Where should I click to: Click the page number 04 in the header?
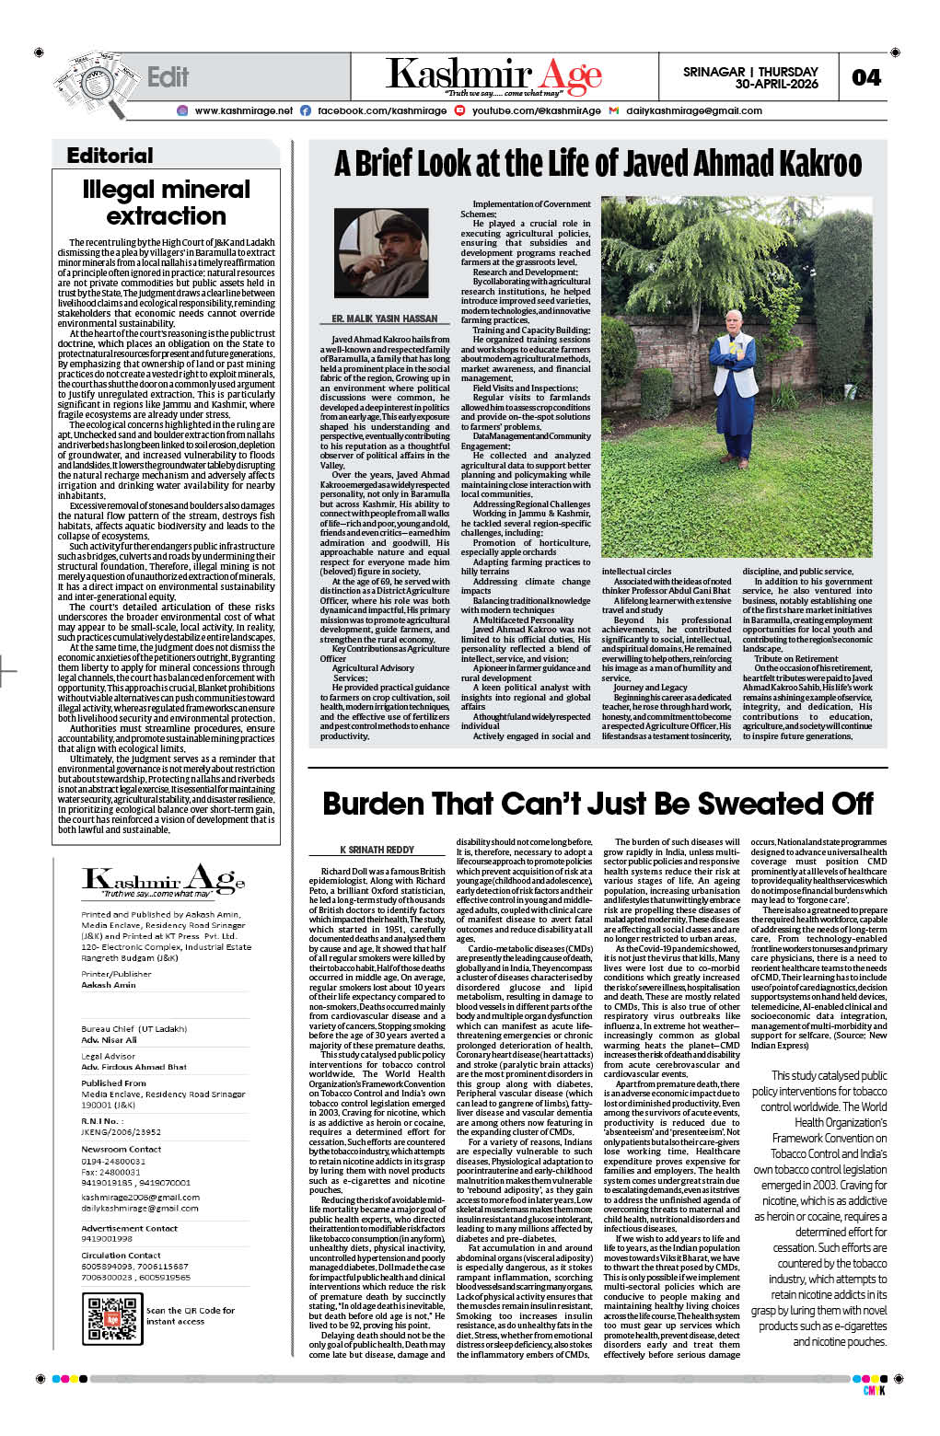[x=865, y=77]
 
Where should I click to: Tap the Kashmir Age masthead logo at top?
[x=493, y=75]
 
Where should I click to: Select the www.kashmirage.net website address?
[x=243, y=110]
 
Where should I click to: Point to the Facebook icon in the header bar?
[x=306, y=110]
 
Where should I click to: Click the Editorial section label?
[x=110, y=156]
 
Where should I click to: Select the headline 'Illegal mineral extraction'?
[x=166, y=203]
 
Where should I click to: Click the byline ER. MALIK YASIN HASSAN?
[x=384, y=318]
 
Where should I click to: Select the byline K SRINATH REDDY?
[x=377, y=850]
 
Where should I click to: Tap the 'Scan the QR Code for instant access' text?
[x=191, y=1315]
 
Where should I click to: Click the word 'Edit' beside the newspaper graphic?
[x=168, y=77]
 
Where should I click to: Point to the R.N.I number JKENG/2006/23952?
[x=121, y=1132]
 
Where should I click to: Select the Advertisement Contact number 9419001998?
[x=107, y=1238]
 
